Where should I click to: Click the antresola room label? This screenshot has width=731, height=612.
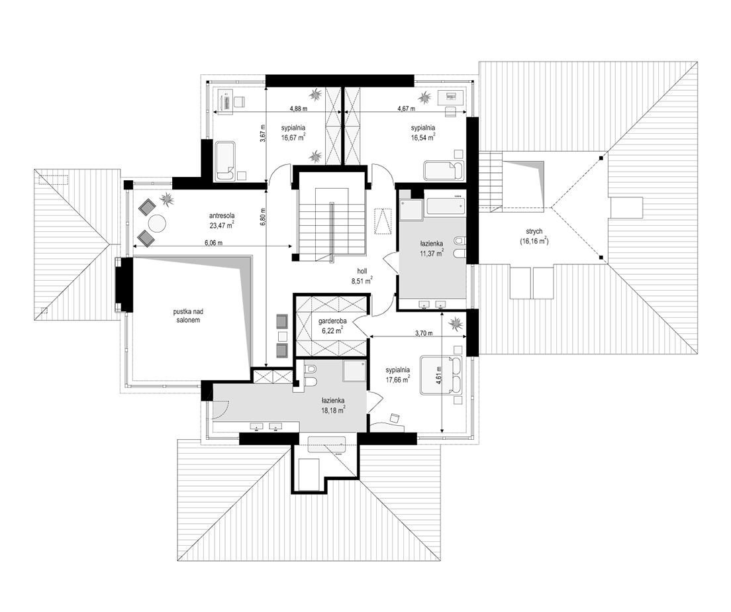(x=221, y=215)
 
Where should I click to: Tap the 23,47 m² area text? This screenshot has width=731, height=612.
(x=222, y=224)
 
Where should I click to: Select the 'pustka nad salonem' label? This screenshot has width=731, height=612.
(x=184, y=316)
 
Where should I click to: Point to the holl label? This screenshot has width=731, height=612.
(x=362, y=271)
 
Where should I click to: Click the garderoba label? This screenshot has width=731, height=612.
(x=332, y=321)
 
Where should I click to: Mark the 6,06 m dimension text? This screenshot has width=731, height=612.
(x=213, y=243)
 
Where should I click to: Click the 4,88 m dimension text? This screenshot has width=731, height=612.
(x=299, y=109)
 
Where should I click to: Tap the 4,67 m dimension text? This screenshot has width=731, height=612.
(x=406, y=109)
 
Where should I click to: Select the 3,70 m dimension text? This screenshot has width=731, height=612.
(x=424, y=333)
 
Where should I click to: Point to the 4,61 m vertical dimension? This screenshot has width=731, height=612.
(x=439, y=375)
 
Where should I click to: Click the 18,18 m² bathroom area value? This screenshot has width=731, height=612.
(x=333, y=409)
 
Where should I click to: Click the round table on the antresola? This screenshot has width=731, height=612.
(x=157, y=223)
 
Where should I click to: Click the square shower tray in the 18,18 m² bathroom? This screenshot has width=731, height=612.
(x=354, y=372)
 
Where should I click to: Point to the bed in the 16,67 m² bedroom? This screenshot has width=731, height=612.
(x=226, y=161)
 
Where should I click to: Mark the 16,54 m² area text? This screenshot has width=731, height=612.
(x=423, y=136)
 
